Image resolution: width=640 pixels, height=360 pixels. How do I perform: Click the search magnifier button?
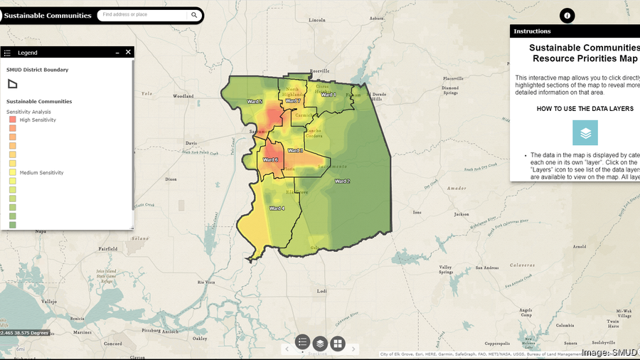tap(194, 15)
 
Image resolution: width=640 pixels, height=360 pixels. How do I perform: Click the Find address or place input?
tap(142, 15)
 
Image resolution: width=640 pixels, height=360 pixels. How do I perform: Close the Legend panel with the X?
tap(128, 52)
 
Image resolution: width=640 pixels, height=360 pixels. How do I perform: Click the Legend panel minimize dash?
tap(117, 52)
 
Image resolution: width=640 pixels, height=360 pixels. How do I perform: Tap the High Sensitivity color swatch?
tap(13, 120)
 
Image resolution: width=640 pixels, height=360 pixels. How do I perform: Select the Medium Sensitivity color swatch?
tap(13, 172)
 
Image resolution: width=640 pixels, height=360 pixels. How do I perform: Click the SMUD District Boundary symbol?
tap(13, 83)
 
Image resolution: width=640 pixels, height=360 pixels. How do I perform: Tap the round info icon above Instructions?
tap(567, 16)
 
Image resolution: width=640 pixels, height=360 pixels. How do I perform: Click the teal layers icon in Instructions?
tap(585, 133)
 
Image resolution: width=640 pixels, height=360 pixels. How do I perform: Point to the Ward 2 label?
tap(342, 181)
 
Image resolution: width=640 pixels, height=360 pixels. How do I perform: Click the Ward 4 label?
tap(277, 208)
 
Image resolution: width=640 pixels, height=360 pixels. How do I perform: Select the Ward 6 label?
tap(271, 159)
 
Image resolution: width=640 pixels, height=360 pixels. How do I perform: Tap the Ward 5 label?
tap(254, 102)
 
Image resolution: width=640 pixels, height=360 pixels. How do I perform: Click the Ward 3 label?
tap(295, 151)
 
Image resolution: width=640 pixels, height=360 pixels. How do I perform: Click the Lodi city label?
tap(321, 291)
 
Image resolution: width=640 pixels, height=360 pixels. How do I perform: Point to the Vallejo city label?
tap(48, 302)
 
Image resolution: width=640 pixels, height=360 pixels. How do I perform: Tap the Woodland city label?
tap(183, 95)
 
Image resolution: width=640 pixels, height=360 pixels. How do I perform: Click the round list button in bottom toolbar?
tap(302, 343)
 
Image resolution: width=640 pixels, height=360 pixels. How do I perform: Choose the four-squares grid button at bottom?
tap(337, 344)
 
